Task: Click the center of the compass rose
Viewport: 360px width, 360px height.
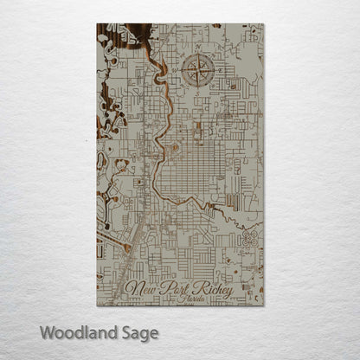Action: click(201, 70)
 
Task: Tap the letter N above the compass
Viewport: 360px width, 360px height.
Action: click(201, 48)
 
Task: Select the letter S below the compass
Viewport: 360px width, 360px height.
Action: click(201, 93)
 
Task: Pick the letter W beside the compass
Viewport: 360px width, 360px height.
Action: click(177, 70)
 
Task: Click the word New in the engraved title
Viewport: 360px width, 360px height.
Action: click(141, 288)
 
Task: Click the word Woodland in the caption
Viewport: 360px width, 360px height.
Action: click(80, 332)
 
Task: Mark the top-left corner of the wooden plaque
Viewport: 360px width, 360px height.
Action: click(97, 24)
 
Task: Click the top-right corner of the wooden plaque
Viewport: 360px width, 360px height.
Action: click(264, 24)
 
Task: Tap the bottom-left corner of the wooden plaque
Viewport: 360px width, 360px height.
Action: click(97, 305)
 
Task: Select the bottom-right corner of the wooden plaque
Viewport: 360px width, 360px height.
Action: click(264, 305)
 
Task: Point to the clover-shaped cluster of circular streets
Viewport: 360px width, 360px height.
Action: click(253, 235)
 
